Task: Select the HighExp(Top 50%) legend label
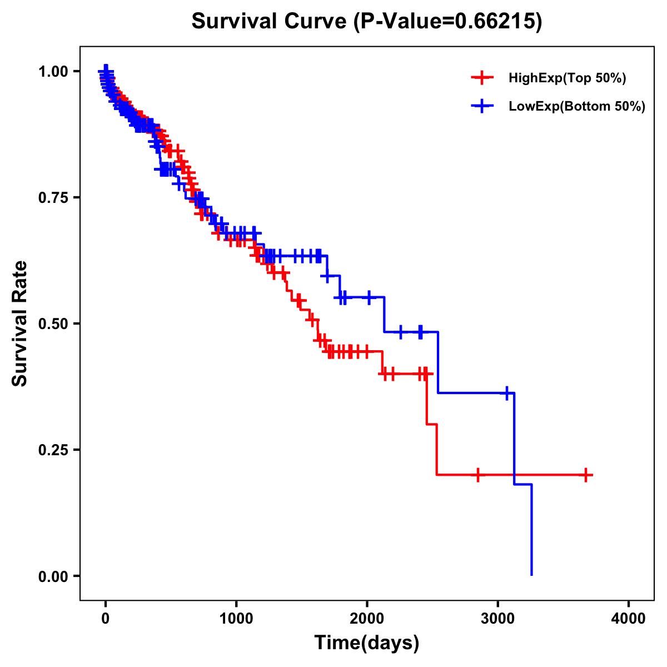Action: (567, 78)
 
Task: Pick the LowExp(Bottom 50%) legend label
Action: (577, 107)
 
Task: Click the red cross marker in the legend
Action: (482, 78)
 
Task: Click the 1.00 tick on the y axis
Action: (53, 71)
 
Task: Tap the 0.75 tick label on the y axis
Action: (53, 197)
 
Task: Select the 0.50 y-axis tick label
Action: (53, 323)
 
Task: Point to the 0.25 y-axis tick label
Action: (53, 450)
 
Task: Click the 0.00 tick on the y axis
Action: (53, 576)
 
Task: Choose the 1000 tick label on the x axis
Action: (236, 619)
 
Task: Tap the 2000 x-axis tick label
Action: (367, 619)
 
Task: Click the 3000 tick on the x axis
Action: (497, 619)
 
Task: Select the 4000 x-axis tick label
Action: (629, 619)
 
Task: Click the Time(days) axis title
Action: (367, 643)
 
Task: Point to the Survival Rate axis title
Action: (20, 323)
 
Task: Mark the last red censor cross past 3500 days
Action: (586, 475)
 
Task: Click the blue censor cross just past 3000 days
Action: (506, 393)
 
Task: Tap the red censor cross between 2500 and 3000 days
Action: (477, 475)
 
